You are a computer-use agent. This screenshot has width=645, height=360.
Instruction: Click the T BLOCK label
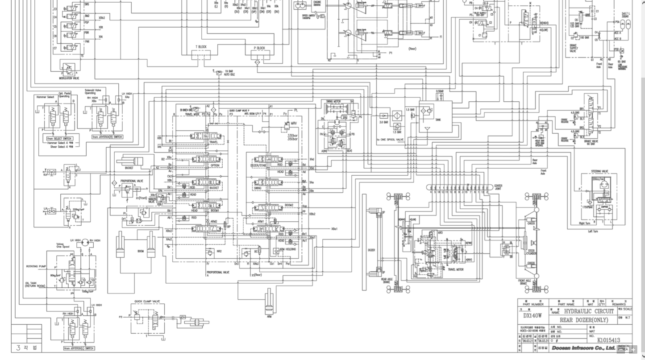pyautogui.click(x=201, y=47)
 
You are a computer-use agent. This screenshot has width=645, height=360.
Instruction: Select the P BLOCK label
pyautogui.click(x=259, y=48)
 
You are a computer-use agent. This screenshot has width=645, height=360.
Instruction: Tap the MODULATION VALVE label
pyautogui.click(x=69, y=79)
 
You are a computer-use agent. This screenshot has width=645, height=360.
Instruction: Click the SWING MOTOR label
pyautogui.click(x=333, y=102)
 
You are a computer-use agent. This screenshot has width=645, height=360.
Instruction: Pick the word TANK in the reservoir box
pyautogui.click(x=438, y=120)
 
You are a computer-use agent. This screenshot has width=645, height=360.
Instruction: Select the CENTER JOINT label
pyautogui.click(x=498, y=187)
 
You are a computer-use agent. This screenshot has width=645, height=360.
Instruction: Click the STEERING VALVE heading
pyautogui.click(x=599, y=171)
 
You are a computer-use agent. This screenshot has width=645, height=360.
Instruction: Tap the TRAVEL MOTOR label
pyautogui.click(x=455, y=269)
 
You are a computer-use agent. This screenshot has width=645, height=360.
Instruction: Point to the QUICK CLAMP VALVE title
pyautogui.click(x=147, y=301)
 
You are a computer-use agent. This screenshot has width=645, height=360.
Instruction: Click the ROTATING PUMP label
pyautogui.click(x=36, y=266)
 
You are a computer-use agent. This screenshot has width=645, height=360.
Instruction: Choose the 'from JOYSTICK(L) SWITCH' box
pyautogui.click(x=79, y=348)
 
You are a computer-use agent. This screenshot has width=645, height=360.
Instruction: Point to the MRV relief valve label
pyautogui.click(x=293, y=124)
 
